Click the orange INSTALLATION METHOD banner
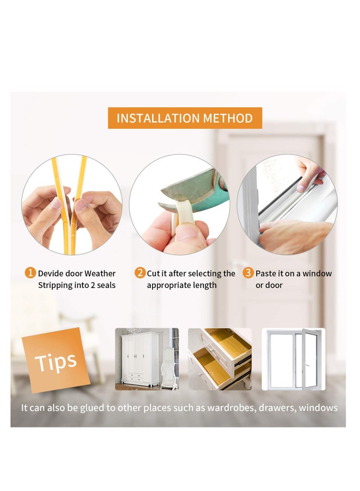click(x=184, y=118)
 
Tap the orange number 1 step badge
click(x=30, y=272)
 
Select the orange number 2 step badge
click(x=140, y=272)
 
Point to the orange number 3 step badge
click(x=248, y=272)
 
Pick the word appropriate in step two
click(x=167, y=286)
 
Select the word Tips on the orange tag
click(x=56, y=361)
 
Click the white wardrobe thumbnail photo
click(x=147, y=359)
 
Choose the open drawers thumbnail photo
click(x=220, y=359)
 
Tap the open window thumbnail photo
click(x=294, y=359)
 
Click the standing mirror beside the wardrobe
click(x=167, y=367)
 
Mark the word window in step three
click(x=317, y=273)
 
